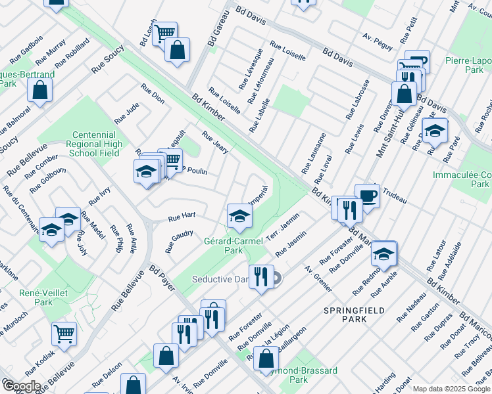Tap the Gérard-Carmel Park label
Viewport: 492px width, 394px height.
coord(233,245)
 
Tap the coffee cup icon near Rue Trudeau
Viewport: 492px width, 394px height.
coord(367,196)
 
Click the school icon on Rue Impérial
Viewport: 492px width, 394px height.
coord(239,215)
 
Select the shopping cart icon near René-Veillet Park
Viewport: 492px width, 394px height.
coord(64,334)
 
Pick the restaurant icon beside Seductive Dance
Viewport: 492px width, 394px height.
coord(262,276)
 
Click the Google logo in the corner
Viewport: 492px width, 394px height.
coord(22,386)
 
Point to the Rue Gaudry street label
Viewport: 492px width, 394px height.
coord(178,241)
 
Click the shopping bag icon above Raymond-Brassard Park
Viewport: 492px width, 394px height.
coord(266,359)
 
